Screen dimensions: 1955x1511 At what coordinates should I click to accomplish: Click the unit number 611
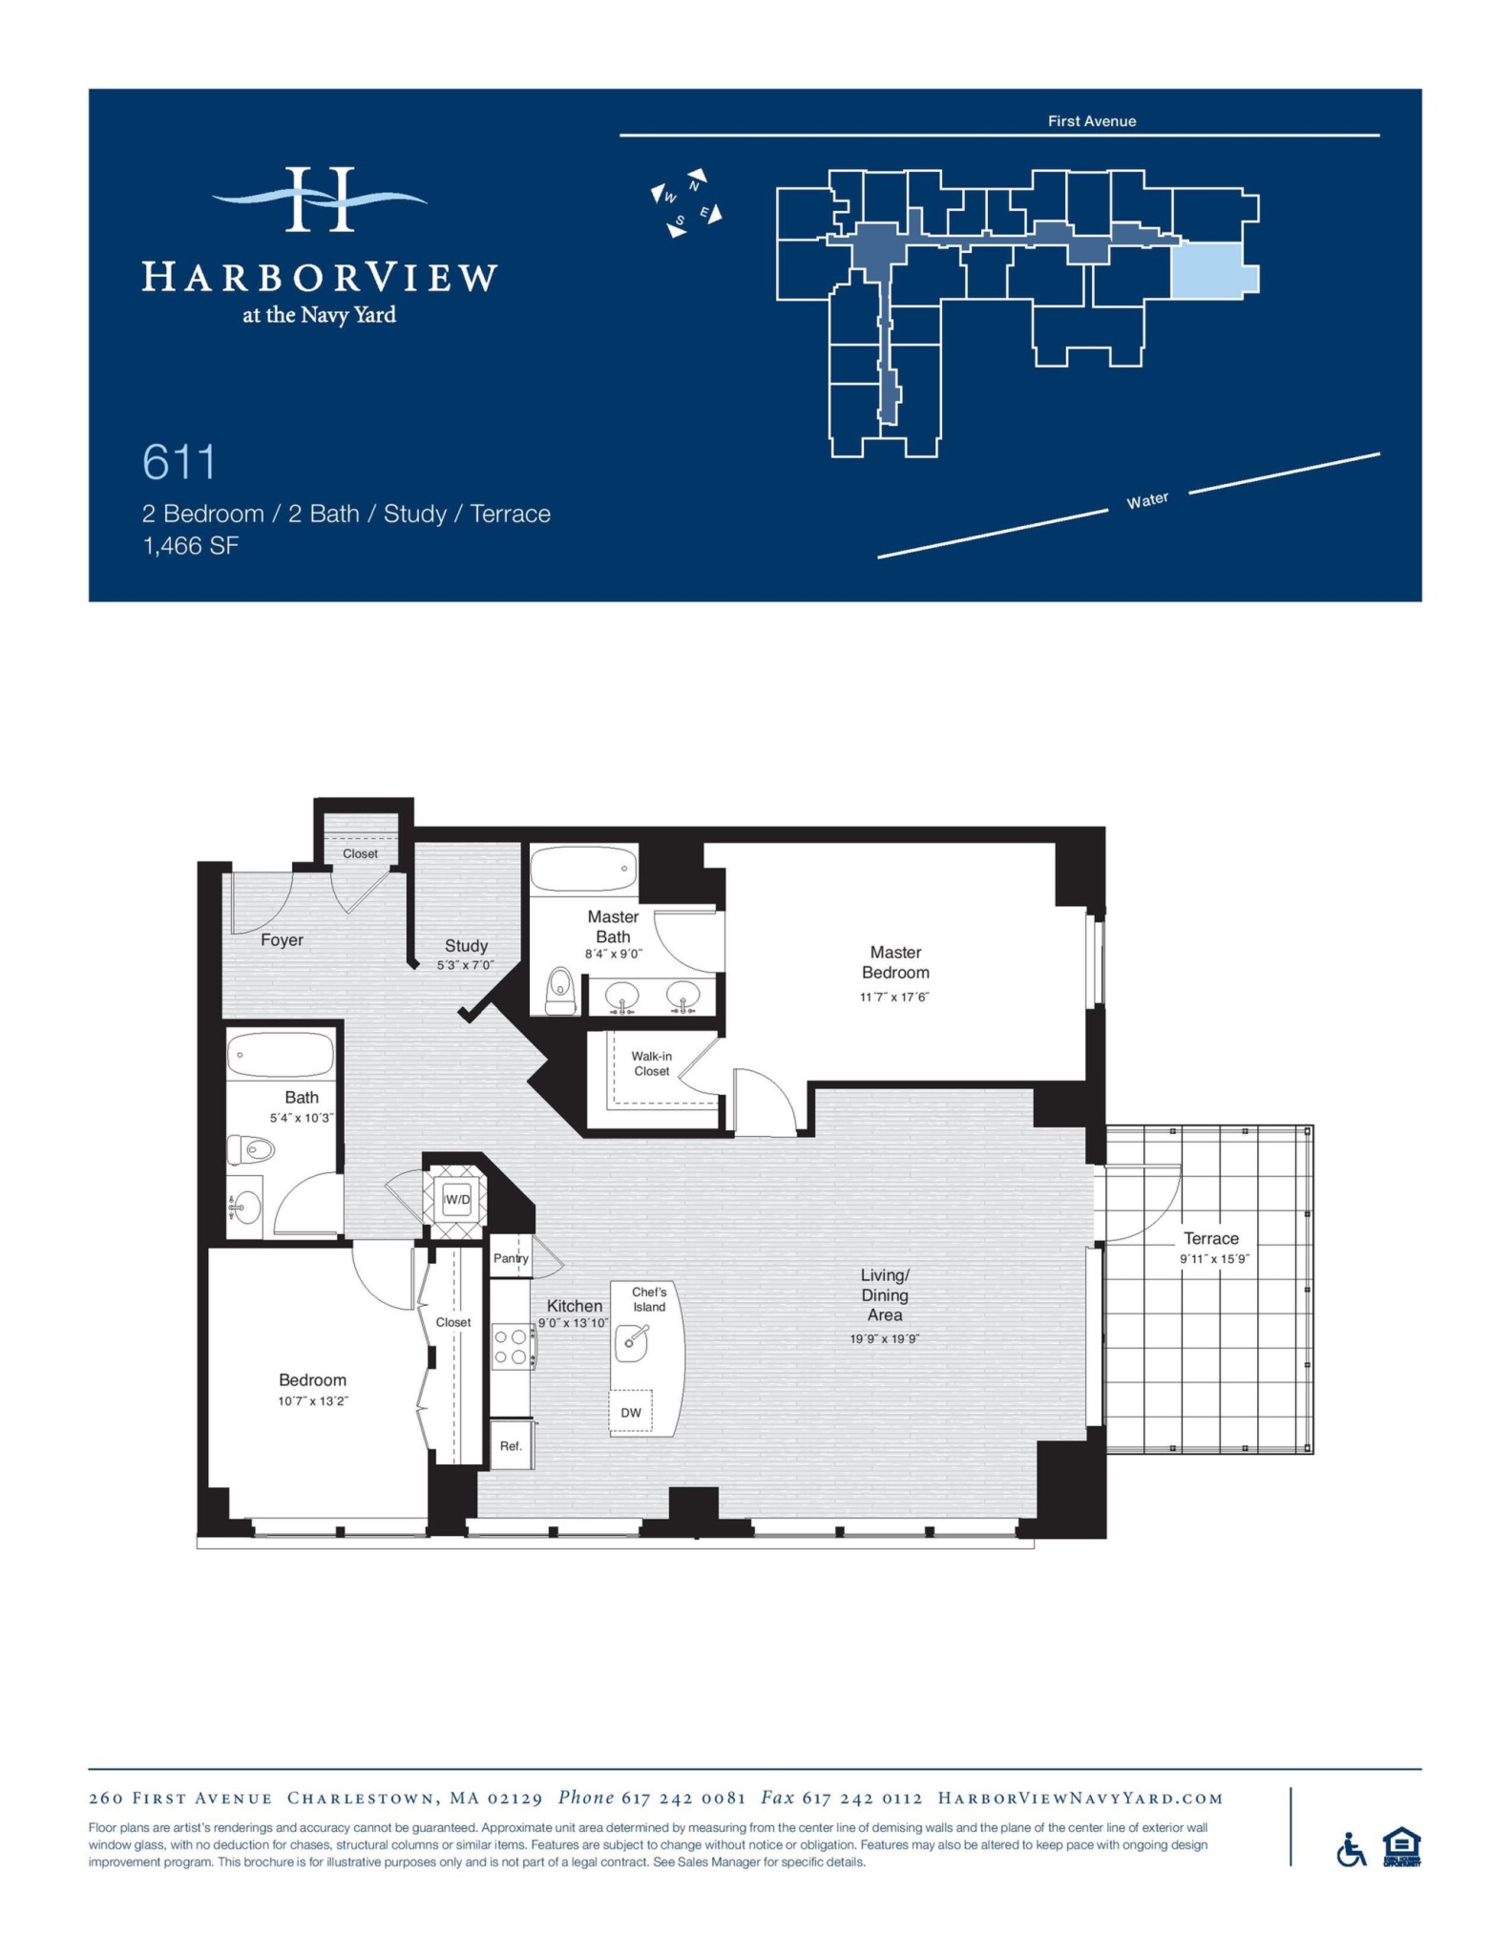click(x=179, y=463)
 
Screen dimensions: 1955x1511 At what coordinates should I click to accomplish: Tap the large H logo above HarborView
click(x=320, y=200)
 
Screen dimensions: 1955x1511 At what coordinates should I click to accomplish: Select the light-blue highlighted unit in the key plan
click(x=1207, y=270)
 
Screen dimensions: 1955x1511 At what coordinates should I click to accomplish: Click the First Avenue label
click(x=1091, y=121)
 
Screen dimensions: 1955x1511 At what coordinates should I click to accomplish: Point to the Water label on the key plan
click(x=1146, y=500)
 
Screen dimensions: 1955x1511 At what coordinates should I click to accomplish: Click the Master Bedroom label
click(x=894, y=962)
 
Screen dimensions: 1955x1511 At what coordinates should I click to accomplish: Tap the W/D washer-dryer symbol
click(x=457, y=1200)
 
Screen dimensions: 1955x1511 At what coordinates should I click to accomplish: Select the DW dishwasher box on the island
click(x=631, y=1413)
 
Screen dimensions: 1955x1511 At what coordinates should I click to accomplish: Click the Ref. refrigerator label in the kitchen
click(x=511, y=1446)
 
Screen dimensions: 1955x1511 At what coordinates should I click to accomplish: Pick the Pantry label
click(x=511, y=1258)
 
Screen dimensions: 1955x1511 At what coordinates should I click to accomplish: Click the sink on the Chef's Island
click(x=632, y=1342)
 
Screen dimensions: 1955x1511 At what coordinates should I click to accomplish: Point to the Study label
click(x=466, y=946)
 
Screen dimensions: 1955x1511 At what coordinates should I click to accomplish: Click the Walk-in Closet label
click(x=652, y=1063)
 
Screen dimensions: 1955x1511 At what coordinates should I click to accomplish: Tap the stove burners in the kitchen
click(x=510, y=1347)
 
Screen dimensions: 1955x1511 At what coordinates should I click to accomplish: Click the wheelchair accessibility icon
click(x=1351, y=1850)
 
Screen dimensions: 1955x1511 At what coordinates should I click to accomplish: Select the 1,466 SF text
click(x=190, y=546)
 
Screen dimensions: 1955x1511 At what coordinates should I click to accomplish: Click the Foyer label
click(x=282, y=940)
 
